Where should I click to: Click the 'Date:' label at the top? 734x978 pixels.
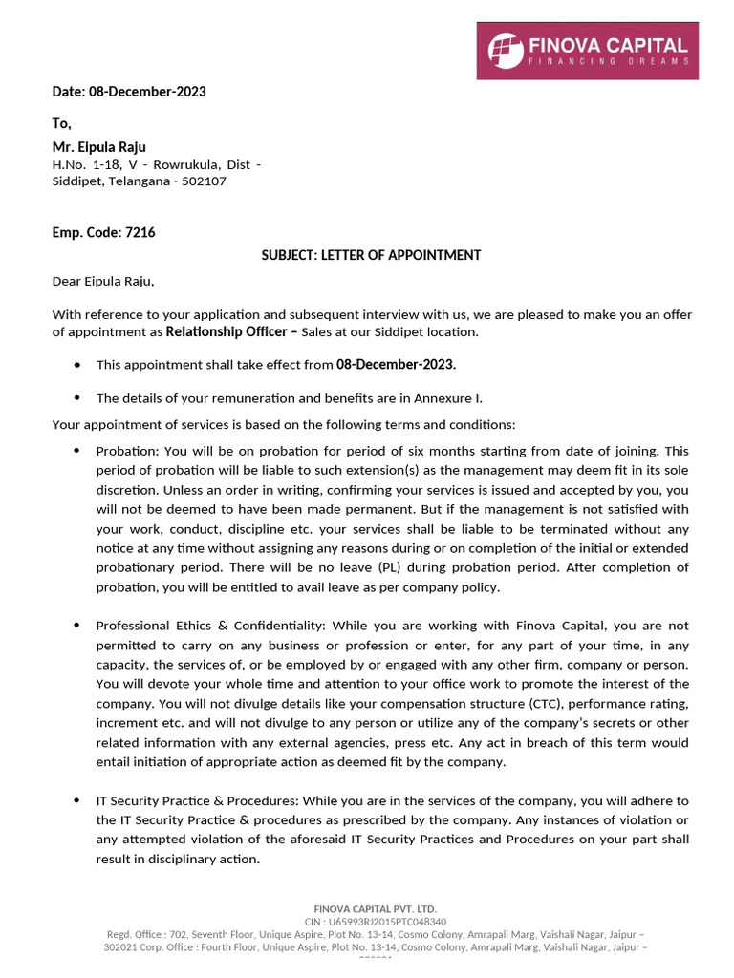[69, 92]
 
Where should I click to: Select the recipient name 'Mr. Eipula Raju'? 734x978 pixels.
[98, 147]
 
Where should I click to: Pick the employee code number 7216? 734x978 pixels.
[140, 232]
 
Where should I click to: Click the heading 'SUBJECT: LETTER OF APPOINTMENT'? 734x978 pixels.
[372, 255]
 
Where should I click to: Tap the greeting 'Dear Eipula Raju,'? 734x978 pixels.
[102, 281]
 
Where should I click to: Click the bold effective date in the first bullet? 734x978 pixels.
[396, 364]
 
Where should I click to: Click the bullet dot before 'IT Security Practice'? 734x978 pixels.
[76, 800]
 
